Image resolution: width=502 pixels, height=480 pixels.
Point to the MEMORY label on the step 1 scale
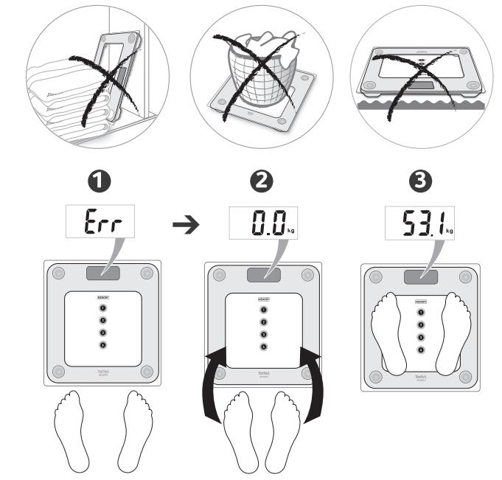(102, 296)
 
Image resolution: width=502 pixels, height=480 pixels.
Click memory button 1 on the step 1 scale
(102, 307)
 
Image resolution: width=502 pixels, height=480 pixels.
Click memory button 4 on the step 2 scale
(263, 346)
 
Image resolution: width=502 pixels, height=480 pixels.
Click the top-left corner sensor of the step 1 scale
(59, 274)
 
